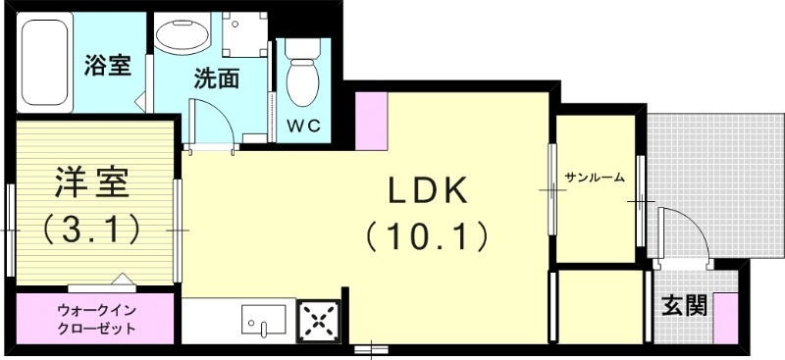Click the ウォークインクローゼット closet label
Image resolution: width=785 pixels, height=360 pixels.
(x=96, y=321)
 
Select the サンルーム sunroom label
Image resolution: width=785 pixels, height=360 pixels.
(x=596, y=178)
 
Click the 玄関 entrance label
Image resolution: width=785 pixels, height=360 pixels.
(x=683, y=306)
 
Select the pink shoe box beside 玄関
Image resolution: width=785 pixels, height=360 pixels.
(x=726, y=316)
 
